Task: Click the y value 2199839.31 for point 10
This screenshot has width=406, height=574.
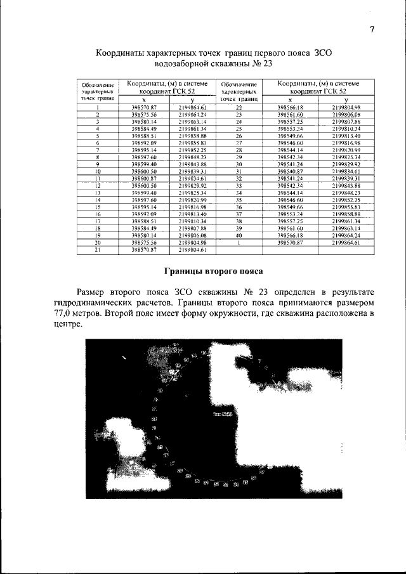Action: pyautogui.click(x=193, y=171)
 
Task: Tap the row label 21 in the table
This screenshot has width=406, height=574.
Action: pyautogui.click(x=98, y=250)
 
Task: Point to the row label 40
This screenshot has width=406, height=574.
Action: pyautogui.click(x=239, y=235)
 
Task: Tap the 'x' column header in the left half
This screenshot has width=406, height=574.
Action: pyautogui.click(x=144, y=100)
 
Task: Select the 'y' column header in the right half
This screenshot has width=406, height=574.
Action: pyautogui.click(x=346, y=100)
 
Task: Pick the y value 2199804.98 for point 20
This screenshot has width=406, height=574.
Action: pyautogui.click(x=193, y=242)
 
